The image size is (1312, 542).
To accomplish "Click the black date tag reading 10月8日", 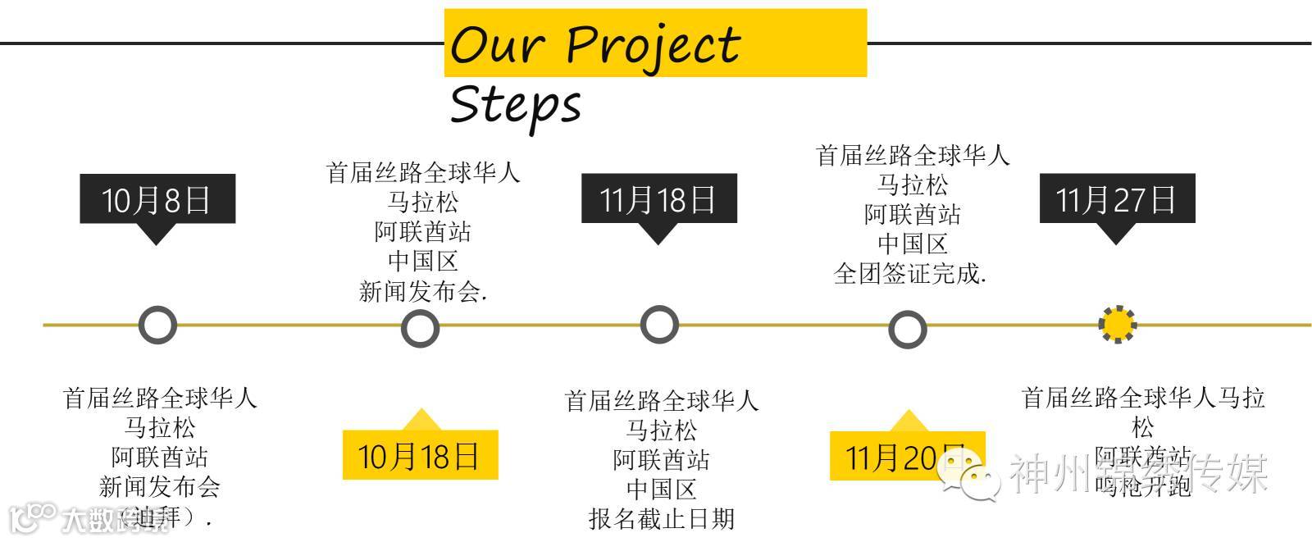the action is tap(157, 199).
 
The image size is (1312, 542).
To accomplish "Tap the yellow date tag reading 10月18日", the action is tap(419, 455).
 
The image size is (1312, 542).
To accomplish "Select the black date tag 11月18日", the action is tap(658, 199).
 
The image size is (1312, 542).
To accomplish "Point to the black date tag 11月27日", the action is tap(1117, 199).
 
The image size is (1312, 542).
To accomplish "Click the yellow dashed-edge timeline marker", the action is tap(1117, 325).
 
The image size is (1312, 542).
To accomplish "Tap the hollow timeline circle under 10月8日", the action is tap(157, 326).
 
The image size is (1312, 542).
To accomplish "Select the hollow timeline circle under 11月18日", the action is tap(658, 325).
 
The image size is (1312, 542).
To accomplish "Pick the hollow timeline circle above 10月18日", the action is tap(420, 329).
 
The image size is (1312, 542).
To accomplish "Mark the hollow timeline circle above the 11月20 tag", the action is tap(907, 330).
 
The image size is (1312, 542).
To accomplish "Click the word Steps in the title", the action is tap(516, 105).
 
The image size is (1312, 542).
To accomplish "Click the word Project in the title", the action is tap(654, 44).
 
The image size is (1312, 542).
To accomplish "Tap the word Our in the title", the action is tap(498, 44).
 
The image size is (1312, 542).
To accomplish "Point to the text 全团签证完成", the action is tap(909, 274).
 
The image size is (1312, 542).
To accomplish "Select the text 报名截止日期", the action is tap(661, 519).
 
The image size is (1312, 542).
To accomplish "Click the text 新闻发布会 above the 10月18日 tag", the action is tap(422, 291).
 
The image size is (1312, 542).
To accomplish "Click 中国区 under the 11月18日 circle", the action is tap(661, 490).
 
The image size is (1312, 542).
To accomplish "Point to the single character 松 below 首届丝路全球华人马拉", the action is tap(1143, 427).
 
